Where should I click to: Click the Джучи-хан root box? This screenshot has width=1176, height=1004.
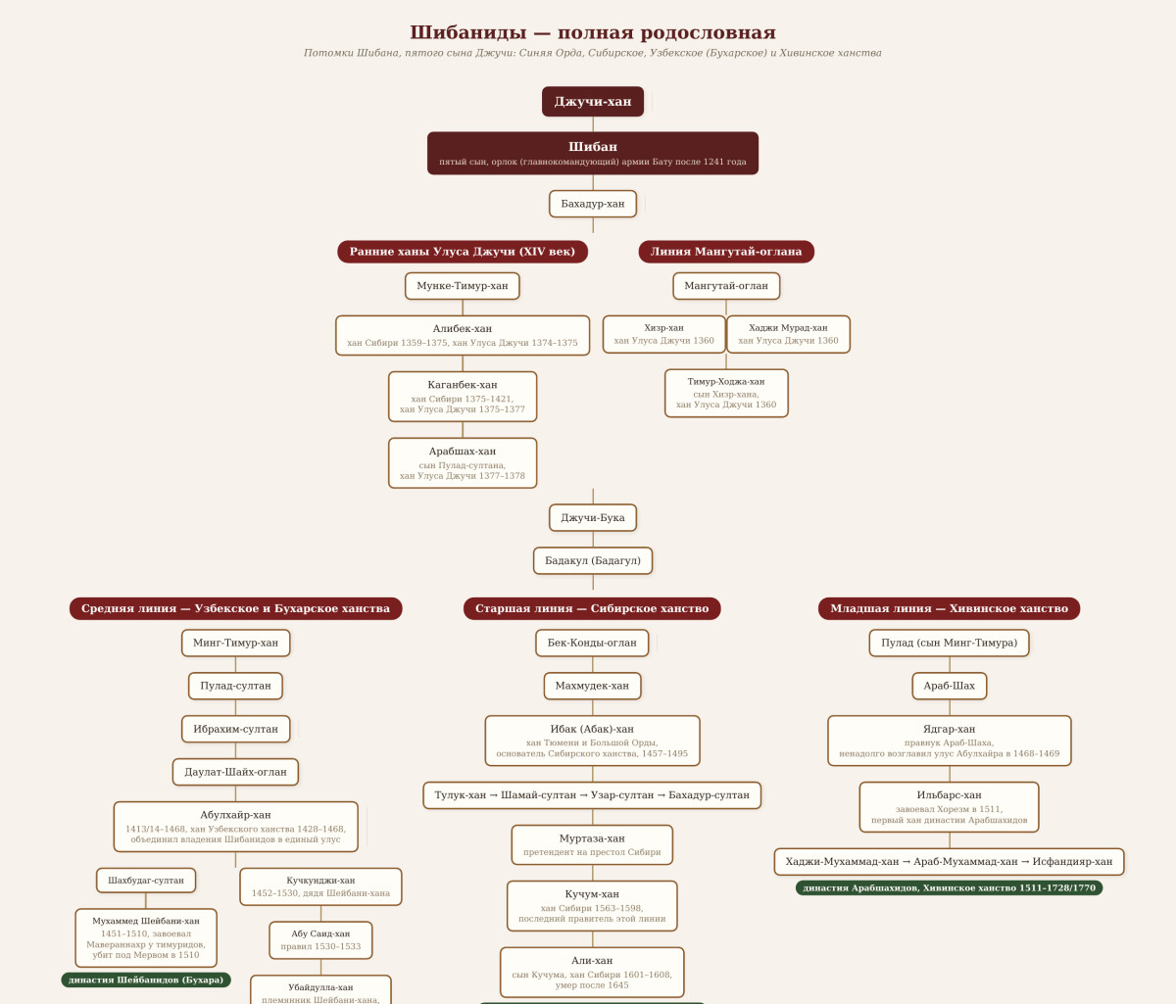(592, 101)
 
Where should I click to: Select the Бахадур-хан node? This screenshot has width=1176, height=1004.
(592, 204)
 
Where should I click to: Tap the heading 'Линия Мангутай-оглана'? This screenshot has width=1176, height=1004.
(726, 252)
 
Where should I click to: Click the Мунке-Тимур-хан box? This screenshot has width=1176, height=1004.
(462, 285)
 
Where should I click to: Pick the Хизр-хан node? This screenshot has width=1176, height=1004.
(664, 334)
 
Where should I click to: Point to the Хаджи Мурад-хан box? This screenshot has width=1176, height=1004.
(788, 334)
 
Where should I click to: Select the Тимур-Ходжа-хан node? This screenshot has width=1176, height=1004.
(726, 393)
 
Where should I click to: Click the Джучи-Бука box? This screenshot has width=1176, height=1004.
(592, 517)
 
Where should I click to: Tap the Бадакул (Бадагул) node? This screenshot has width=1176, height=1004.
(592, 560)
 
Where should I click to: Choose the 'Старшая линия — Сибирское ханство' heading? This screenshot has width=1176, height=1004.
(592, 608)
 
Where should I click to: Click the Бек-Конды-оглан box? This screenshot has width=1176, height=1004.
(592, 643)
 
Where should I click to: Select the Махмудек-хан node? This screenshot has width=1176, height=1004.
(592, 686)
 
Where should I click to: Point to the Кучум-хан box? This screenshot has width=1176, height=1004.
(592, 906)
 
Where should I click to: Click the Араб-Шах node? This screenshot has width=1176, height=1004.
(949, 686)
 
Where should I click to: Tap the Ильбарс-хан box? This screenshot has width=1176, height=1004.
(949, 807)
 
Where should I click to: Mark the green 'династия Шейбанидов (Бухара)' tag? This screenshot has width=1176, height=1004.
(146, 980)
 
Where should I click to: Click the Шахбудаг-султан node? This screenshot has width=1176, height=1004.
(146, 880)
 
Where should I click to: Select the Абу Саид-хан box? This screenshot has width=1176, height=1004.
(320, 939)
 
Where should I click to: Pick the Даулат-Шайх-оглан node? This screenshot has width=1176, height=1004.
(235, 772)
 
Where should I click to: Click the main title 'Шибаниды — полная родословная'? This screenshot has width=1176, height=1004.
(592, 32)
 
